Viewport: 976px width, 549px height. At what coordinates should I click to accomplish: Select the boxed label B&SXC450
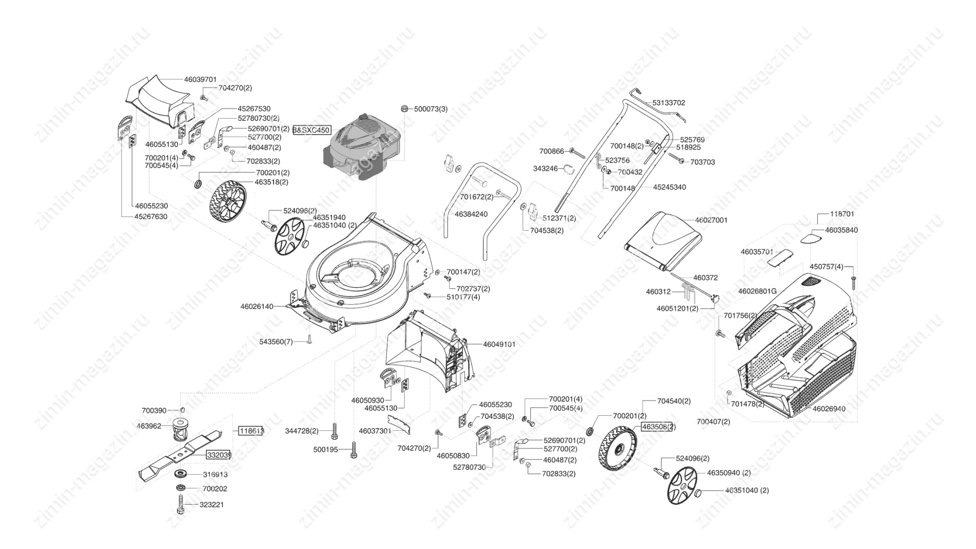312,130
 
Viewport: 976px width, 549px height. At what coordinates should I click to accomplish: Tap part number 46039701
200,79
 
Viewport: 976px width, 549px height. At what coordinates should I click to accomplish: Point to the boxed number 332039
219,455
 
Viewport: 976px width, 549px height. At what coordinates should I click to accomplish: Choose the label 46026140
257,307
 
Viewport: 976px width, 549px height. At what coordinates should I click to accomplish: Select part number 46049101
499,344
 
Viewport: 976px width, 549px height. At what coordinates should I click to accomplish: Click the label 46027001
711,220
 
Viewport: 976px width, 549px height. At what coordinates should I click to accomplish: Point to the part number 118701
842,214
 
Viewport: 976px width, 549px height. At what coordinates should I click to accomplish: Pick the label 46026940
829,409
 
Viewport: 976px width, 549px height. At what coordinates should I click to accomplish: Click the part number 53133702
669,103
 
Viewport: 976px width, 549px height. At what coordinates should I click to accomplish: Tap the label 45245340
669,187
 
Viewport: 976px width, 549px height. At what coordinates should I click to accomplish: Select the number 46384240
471,214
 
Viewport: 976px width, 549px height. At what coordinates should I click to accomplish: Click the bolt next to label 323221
180,505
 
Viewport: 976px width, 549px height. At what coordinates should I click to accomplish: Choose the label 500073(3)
431,109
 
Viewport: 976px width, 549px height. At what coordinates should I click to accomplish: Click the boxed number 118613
252,431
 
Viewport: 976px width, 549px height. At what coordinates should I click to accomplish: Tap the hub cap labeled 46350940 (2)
682,486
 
